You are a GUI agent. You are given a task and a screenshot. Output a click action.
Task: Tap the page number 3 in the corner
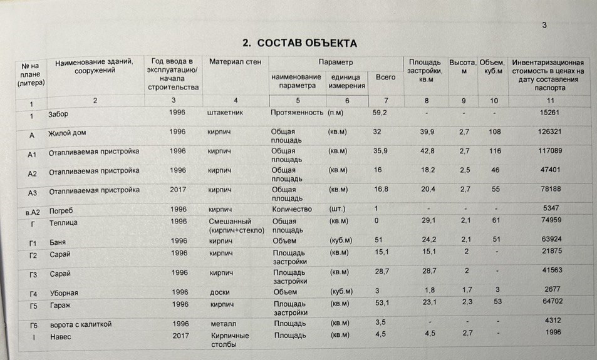[x=544, y=25]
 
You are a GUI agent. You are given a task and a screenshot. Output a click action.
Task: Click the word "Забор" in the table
[x=58, y=115]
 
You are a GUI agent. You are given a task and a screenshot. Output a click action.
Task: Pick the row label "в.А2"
[x=28, y=213]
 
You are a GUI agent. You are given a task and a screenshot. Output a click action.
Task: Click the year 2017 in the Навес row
[x=181, y=335]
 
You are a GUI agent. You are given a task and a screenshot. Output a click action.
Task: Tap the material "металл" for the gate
[x=224, y=323]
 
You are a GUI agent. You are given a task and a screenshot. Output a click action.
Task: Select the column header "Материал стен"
[x=236, y=63]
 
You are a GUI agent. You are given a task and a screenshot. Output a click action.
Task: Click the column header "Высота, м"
[x=462, y=67]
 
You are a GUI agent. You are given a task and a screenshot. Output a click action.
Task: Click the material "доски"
[x=220, y=292]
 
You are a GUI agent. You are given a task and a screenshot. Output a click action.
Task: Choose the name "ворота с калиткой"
[x=80, y=324]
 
